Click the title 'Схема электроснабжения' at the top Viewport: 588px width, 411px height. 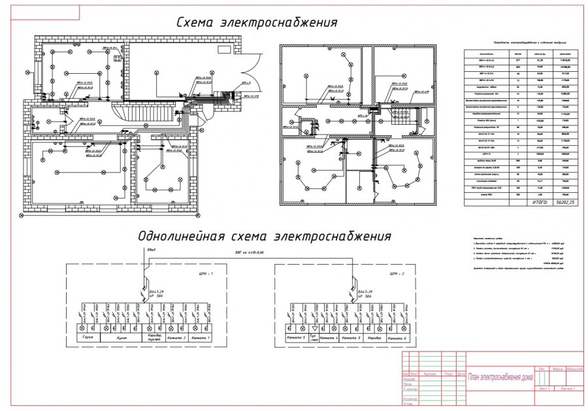[x=257, y=23]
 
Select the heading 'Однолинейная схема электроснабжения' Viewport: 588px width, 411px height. [x=264, y=235]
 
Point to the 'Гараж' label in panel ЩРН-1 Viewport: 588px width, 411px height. [x=90, y=338]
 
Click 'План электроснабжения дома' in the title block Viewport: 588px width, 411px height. [x=500, y=376]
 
